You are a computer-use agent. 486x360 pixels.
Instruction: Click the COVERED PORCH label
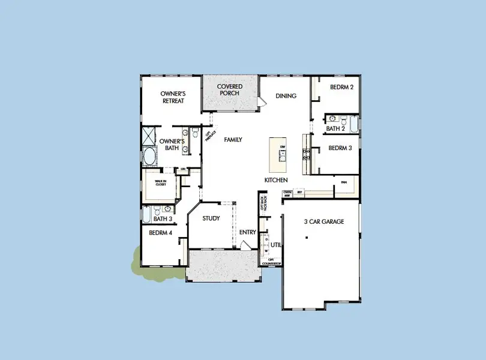229,90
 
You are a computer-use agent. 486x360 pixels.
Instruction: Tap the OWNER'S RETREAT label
172,97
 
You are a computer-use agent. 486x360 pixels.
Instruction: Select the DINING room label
286,96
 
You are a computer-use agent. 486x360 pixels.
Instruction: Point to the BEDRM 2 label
341,87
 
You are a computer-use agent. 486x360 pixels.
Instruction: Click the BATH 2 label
335,128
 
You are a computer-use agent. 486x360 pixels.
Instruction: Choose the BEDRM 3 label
340,148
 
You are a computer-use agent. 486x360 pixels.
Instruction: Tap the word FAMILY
233,139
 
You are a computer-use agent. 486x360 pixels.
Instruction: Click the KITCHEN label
276,180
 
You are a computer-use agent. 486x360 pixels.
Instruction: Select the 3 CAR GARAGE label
324,222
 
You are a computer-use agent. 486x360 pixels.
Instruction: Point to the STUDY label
211,219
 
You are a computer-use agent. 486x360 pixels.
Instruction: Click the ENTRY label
247,232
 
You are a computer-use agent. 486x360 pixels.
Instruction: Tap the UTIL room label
276,245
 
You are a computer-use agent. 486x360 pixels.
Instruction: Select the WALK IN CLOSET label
161,183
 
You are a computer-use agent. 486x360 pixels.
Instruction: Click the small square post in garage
306,238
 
